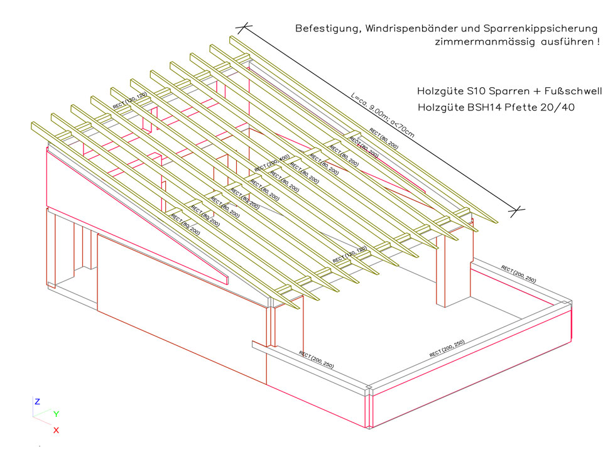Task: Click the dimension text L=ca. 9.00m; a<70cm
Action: [383, 114]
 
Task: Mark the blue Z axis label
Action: [38, 401]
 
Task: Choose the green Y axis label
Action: [57, 414]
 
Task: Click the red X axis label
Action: [56, 430]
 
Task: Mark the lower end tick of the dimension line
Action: [517, 210]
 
